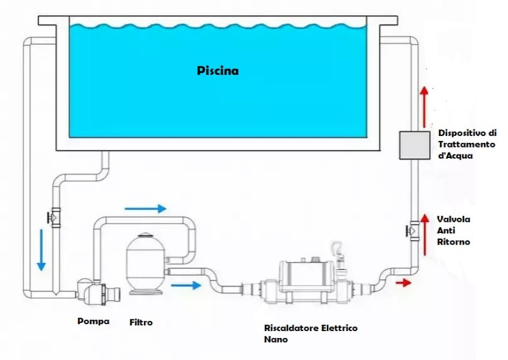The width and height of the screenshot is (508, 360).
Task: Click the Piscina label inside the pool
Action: pyautogui.click(x=217, y=71)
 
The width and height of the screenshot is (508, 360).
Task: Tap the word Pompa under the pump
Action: pyautogui.click(x=93, y=320)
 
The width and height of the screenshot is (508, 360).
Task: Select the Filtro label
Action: pyautogui.click(x=141, y=322)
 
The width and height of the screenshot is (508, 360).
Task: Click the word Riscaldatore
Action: pyautogui.click(x=290, y=328)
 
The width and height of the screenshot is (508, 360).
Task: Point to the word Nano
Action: pyautogui.click(x=275, y=339)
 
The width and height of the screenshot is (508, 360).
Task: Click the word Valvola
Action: pyautogui.click(x=453, y=219)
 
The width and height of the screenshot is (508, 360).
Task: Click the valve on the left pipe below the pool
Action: pyautogui.click(x=55, y=218)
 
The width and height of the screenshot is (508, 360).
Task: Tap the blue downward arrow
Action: pyautogui.click(x=41, y=249)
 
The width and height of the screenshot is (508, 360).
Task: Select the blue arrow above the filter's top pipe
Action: pyautogui.click(x=145, y=208)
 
